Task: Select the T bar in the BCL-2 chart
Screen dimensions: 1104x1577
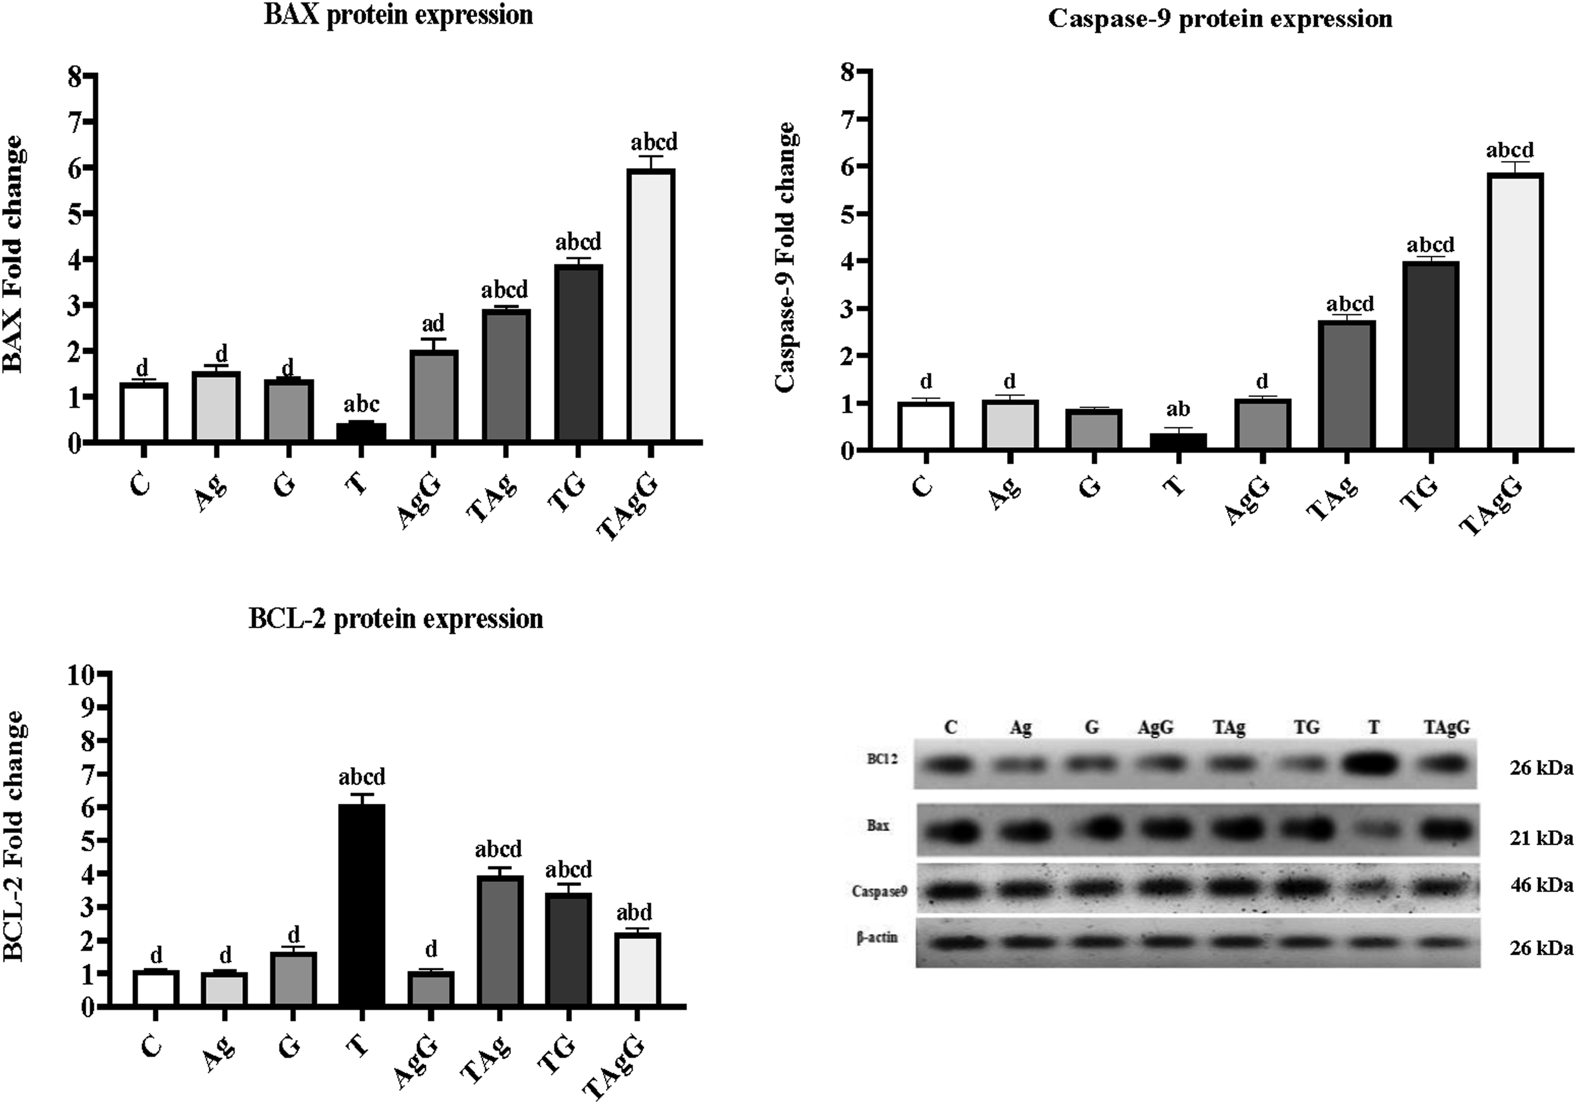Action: [362, 905]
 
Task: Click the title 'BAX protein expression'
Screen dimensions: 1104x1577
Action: [398, 15]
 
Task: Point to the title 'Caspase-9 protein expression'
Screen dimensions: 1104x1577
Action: [1220, 18]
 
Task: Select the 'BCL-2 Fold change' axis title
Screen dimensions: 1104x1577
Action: [15, 835]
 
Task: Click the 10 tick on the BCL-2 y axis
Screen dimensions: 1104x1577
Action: [80, 675]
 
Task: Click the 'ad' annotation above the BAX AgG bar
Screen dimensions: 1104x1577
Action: [433, 323]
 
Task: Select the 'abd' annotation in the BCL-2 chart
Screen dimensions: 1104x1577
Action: [634, 912]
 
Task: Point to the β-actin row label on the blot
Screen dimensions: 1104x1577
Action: [877, 937]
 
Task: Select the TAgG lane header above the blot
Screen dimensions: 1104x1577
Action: [1446, 727]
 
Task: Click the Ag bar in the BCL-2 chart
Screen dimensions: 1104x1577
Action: [224, 989]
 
